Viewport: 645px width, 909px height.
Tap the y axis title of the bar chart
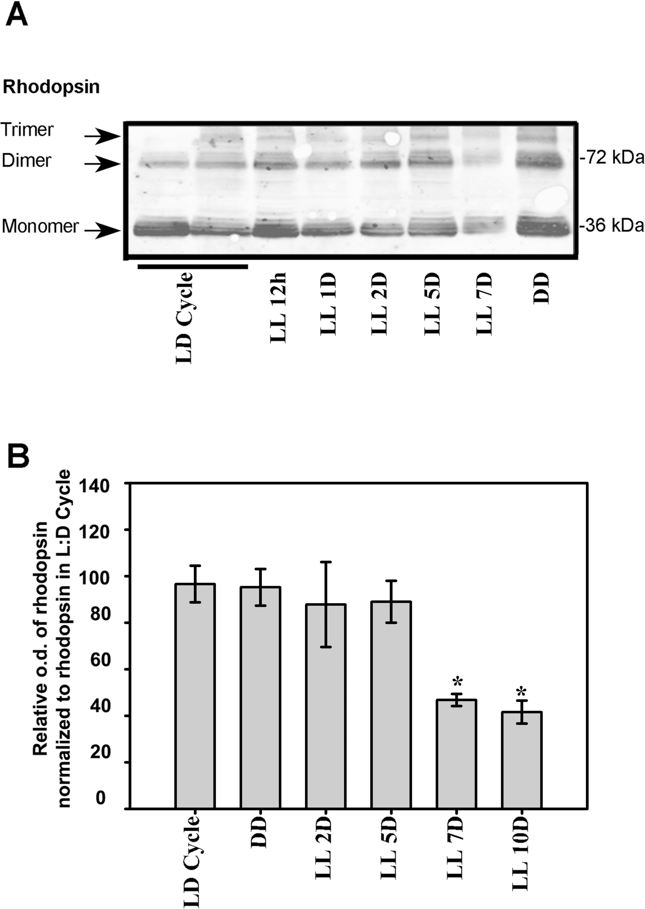pyautogui.click(x=52, y=639)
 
